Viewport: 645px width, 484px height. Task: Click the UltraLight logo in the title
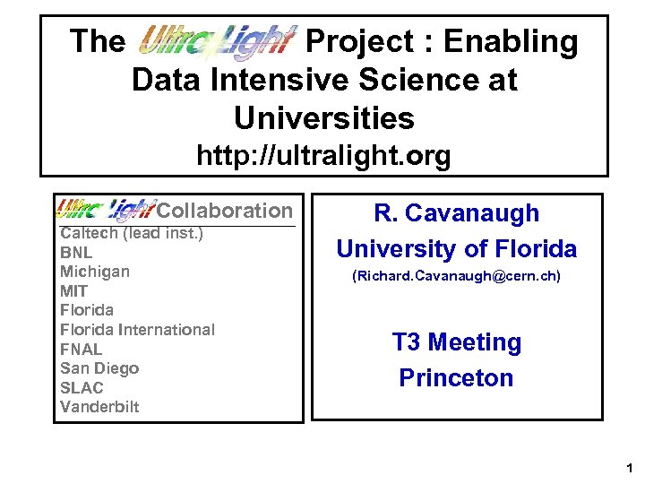point(215,40)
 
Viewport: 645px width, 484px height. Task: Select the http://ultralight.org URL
point(323,157)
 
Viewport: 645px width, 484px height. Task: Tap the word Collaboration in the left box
point(225,211)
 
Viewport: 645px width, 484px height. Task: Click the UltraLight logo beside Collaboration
point(106,211)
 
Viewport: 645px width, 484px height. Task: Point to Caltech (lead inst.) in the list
point(132,234)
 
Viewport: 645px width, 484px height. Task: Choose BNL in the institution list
point(76,253)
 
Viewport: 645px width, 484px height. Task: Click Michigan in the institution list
point(95,272)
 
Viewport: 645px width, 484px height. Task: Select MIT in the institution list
point(73,290)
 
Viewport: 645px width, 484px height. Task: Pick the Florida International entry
point(137,329)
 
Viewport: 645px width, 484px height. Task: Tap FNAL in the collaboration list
point(81,349)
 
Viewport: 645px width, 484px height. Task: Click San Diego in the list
point(99,367)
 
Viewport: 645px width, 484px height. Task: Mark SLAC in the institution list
point(82,387)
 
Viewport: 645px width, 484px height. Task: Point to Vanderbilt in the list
point(99,406)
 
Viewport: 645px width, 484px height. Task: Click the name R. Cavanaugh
point(456,213)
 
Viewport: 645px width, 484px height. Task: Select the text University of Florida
point(456,248)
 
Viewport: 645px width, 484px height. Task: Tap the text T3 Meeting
point(456,342)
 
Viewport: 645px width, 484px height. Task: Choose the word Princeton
point(456,377)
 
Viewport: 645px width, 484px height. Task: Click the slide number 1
point(630,468)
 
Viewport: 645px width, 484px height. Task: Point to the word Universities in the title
point(323,117)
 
